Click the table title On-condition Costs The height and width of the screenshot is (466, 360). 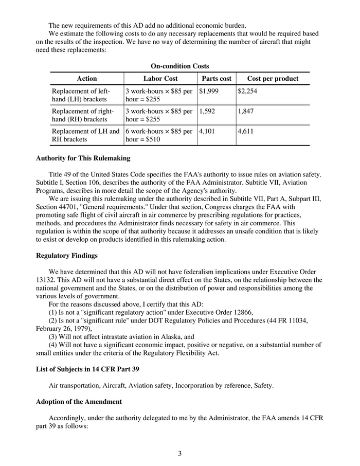pos(179,66)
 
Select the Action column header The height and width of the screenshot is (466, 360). pos(86,79)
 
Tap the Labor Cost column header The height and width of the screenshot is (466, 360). pos(160,79)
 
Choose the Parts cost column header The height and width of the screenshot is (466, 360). pos(216,79)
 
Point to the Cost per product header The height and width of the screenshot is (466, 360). pos(273,79)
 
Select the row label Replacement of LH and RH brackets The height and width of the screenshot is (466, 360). pos(85,135)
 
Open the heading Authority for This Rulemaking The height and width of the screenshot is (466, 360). pos(83,158)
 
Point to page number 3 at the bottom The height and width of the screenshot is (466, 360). pos(180,453)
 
